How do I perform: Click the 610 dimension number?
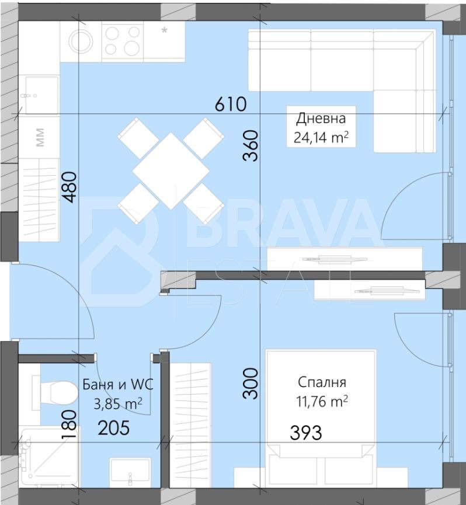[x=231, y=104]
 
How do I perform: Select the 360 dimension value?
[x=251, y=145]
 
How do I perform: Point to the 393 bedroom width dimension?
[x=305, y=433]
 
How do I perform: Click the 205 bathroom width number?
[x=114, y=428]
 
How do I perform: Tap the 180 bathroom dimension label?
[x=69, y=424]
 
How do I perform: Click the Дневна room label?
[x=321, y=118]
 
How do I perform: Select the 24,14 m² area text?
[x=321, y=138]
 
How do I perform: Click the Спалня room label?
[x=322, y=382]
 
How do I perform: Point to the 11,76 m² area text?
[x=322, y=401]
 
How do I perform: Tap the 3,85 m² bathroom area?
[x=118, y=403]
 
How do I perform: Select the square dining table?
[x=171, y=170]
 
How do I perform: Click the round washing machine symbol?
[x=82, y=41]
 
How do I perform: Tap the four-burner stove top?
[x=123, y=41]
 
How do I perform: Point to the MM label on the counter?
[x=40, y=137]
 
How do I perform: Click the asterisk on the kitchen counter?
[x=164, y=30]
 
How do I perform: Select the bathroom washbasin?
[x=130, y=472]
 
